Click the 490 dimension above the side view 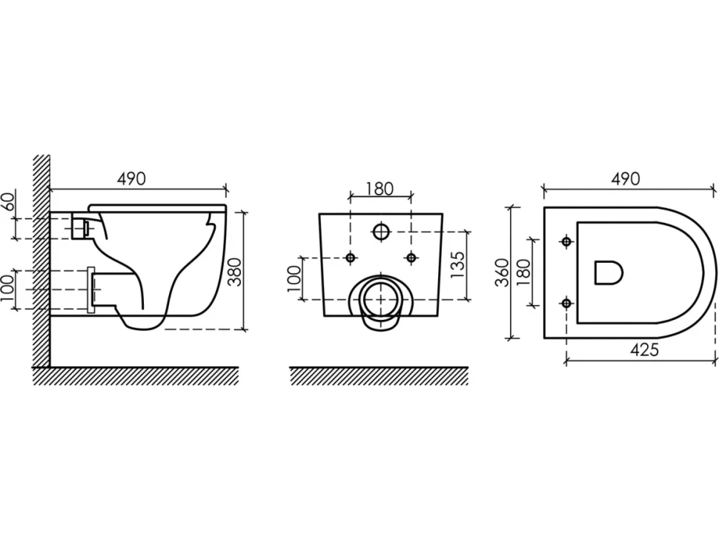(x=131, y=178)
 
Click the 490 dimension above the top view (x=625, y=178)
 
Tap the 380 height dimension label (x=235, y=272)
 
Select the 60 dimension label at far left (x=9, y=200)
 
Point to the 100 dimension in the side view (x=7, y=289)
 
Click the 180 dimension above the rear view (x=380, y=188)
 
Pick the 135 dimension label (x=457, y=265)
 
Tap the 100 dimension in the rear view (x=294, y=278)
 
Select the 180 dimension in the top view (x=523, y=272)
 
